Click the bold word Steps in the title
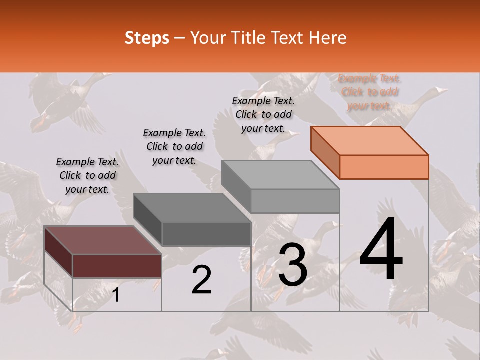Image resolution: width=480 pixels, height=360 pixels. click(147, 38)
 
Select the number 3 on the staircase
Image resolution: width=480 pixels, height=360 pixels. click(293, 265)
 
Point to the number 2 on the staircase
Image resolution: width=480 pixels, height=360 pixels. click(202, 280)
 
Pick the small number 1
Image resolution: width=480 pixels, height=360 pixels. click(116, 295)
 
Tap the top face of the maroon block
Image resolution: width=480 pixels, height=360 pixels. click(103, 240)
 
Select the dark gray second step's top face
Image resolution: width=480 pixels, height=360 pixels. click(192, 207)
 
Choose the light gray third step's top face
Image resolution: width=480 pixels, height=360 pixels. click(281, 175)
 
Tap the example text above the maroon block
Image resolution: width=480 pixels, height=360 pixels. click(87, 176)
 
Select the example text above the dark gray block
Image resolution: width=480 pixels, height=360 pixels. click(174, 147)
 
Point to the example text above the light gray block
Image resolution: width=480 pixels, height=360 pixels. click(263, 114)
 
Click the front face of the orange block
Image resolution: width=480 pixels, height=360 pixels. click(384, 167)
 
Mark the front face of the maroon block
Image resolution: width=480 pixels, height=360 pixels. click(117, 266)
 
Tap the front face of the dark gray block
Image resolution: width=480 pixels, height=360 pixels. click(206, 234)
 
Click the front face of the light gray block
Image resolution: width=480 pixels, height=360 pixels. click(295, 201)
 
